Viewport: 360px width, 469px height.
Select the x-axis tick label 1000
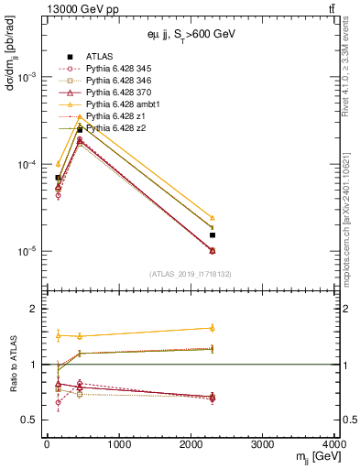pos(118,444)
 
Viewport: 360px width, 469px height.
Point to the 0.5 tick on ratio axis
pos(31,420)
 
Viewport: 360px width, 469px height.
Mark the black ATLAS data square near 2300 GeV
pos(213,234)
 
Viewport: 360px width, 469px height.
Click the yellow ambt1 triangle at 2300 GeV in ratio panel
pos(213,327)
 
